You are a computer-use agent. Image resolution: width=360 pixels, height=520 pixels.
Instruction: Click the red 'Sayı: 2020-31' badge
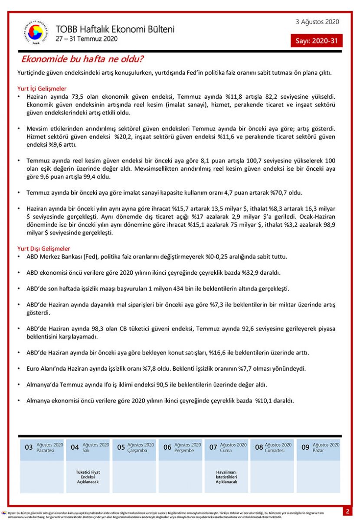[317, 41]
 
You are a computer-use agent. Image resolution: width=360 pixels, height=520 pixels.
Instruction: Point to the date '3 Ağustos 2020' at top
[317, 22]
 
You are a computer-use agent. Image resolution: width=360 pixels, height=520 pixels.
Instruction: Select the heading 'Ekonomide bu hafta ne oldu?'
[82, 59]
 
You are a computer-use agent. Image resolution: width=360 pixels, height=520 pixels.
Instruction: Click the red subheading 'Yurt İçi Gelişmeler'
[42, 88]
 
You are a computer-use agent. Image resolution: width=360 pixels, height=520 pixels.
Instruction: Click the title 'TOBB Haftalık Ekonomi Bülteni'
[115, 29]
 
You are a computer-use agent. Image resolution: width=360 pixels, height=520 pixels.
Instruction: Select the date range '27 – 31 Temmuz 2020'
[86, 39]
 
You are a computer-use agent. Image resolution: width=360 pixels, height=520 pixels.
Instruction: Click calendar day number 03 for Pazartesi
[29, 447]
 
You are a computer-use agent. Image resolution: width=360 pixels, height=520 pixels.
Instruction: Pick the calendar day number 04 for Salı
[75, 447]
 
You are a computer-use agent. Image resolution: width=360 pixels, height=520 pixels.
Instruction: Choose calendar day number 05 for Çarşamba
[121, 447]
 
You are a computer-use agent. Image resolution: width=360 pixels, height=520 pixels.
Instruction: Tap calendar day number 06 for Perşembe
[167, 447]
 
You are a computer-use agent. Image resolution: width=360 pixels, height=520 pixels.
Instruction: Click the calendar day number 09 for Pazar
[305, 447]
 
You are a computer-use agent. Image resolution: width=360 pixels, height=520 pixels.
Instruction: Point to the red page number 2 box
[347, 511]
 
